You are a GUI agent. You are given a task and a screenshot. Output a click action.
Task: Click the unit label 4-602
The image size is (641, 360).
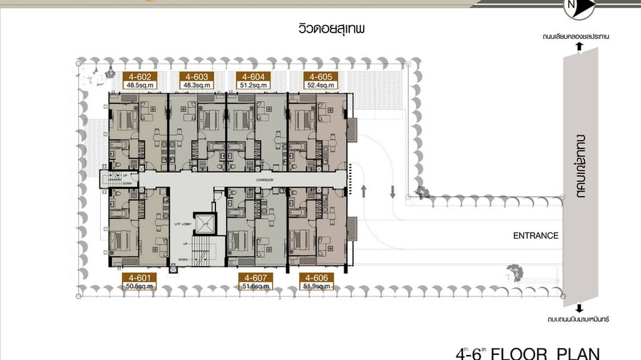[x=137, y=77]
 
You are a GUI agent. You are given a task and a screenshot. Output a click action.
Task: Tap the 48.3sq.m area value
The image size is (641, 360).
[x=194, y=85]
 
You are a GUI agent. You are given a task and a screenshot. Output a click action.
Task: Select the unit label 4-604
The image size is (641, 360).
[x=253, y=77]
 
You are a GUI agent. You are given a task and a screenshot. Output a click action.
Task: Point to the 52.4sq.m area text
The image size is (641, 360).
[x=320, y=85]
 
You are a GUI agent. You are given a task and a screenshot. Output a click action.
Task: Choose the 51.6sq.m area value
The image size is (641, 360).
[x=256, y=286]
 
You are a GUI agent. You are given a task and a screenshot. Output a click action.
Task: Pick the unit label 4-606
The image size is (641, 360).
[x=316, y=278]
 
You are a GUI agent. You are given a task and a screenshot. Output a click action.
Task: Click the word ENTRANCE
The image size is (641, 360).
[x=535, y=235]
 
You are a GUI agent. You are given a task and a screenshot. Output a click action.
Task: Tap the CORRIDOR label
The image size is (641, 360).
[x=264, y=180]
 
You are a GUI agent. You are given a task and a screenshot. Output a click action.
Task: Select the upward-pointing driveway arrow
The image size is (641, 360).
[x=363, y=191]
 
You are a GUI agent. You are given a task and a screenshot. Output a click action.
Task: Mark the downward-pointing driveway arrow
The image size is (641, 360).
[x=393, y=191]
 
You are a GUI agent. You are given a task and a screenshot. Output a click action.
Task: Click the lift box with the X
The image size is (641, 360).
[x=205, y=224]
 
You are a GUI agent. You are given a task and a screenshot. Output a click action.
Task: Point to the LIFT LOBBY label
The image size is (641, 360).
[x=183, y=224]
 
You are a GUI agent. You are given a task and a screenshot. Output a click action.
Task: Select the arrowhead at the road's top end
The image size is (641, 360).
[x=579, y=46]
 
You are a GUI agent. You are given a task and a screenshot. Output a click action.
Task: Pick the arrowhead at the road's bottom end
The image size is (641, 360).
[x=579, y=308]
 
